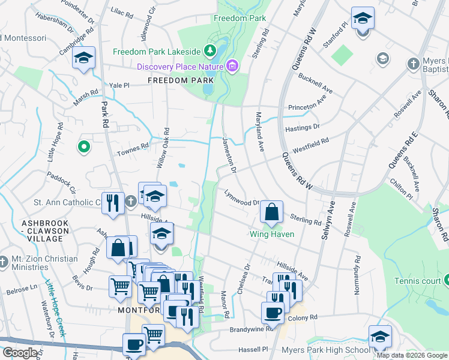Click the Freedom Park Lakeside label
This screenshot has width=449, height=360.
coord(158,50)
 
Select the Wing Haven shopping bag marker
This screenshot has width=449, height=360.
coord(272,212)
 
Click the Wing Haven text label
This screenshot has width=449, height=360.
coord(272,234)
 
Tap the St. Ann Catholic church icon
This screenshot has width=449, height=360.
coord(132,202)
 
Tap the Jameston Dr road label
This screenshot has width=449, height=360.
coord(229,155)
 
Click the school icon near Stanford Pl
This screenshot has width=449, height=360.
coord(363,19)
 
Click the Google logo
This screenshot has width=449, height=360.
coord(20,353)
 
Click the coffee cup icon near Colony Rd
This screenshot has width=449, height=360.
coord(273,313)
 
